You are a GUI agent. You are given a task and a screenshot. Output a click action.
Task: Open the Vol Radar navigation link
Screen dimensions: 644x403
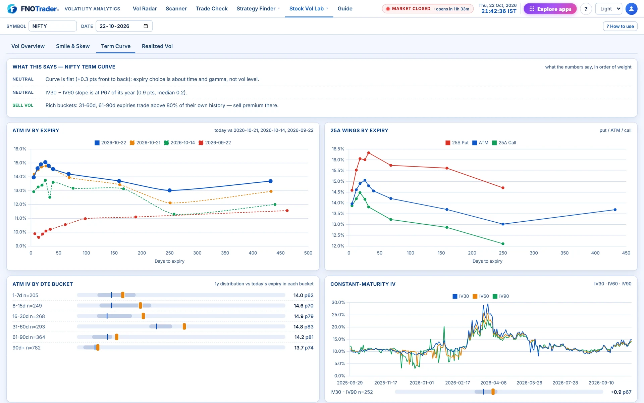145,9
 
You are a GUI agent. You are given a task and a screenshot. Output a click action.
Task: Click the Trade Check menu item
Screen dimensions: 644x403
212,9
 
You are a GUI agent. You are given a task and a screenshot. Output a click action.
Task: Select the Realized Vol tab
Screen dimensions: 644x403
157,46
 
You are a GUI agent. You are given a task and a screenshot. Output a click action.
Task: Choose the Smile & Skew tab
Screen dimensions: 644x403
73,46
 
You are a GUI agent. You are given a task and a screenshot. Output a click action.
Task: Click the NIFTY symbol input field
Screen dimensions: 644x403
53,26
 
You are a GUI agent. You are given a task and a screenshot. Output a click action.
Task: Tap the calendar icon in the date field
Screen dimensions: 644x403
146,26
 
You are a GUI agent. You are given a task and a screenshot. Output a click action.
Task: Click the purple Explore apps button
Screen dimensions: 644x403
550,9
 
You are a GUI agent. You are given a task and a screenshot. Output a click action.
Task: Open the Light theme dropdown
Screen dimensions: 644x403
609,9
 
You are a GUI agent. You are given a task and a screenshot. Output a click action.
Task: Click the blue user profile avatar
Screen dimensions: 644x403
631,9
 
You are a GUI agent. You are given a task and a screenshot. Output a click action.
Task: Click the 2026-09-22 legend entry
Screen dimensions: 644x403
215,143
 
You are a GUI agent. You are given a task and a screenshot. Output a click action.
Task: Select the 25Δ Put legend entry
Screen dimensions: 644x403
457,143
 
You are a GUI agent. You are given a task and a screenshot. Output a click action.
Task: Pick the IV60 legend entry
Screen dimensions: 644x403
481,296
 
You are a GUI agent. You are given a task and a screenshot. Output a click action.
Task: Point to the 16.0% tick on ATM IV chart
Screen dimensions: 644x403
20,149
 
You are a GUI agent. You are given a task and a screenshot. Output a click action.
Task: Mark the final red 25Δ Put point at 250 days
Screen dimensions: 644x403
503,188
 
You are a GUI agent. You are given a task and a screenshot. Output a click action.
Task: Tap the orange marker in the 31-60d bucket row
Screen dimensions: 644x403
184,326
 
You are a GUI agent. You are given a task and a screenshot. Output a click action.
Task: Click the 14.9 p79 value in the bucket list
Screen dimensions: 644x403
304,316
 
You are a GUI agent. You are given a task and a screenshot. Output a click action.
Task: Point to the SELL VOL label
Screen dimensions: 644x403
23,105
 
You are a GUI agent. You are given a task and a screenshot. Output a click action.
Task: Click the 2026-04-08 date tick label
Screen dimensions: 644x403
493,383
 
